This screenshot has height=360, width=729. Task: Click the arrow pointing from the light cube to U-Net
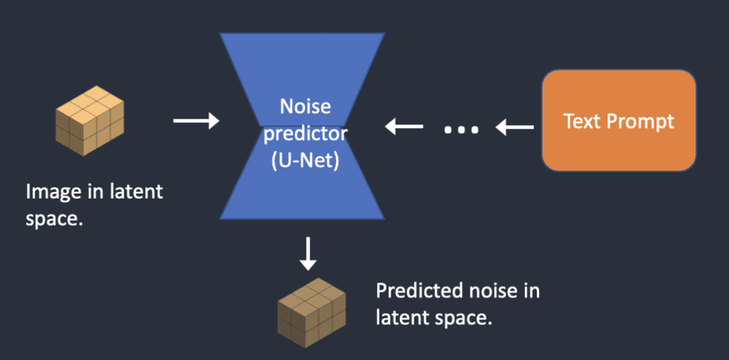(196, 122)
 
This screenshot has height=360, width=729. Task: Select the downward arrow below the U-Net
(308, 254)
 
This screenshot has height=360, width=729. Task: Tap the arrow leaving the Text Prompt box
(515, 128)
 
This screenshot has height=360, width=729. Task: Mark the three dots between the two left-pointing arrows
(461, 130)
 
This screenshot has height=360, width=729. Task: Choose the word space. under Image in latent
(55, 218)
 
